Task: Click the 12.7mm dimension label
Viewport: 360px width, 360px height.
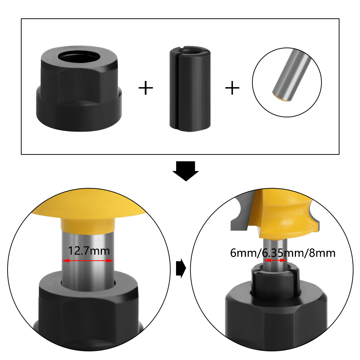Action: pyautogui.click(x=88, y=251)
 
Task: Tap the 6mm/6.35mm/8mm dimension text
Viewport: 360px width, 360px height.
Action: pyautogui.click(x=283, y=253)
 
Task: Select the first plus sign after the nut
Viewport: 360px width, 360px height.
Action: pyautogui.click(x=146, y=88)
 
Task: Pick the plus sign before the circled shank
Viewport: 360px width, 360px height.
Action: pyautogui.click(x=232, y=88)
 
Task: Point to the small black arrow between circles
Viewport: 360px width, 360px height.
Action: pyautogui.click(x=180, y=268)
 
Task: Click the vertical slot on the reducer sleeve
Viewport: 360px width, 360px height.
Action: pyautogui.click(x=179, y=90)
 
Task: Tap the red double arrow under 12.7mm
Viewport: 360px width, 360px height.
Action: pyautogui.click(x=88, y=261)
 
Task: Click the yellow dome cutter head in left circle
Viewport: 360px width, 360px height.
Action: pyautogui.click(x=88, y=212)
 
